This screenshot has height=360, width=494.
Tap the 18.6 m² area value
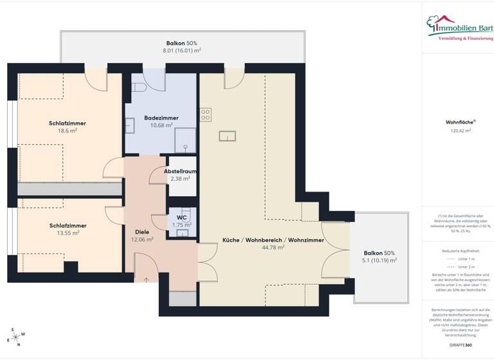pos(68,130)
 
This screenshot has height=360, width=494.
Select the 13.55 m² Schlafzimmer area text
pos(68,233)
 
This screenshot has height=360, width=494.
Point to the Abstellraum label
pos(180,172)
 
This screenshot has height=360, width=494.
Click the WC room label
pos(181,217)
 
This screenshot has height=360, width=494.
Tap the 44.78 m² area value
pos(273,247)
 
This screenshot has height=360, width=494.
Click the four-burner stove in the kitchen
pos(206,115)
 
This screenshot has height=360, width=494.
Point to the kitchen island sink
pos(228,136)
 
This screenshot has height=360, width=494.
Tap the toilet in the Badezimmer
pos(138,87)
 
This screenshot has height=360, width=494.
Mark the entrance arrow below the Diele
pos(146,279)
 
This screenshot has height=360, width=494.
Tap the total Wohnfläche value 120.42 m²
pos(458,130)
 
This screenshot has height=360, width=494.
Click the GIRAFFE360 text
pos(458,345)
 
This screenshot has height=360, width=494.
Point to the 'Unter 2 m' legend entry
pos(458,266)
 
